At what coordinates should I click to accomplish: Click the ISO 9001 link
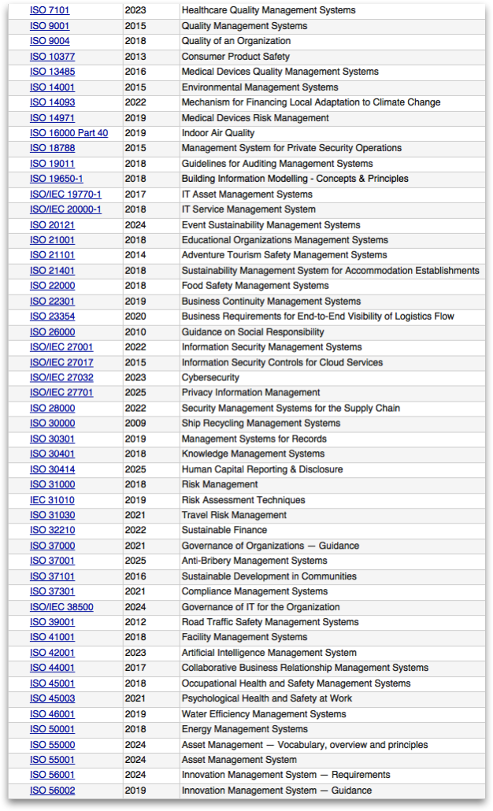click(50, 26)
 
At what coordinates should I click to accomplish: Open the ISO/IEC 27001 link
click(61, 347)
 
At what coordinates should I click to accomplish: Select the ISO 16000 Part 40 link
click(69, 133)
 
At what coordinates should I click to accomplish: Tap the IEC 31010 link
click(52, 500)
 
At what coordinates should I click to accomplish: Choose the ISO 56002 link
click(53, 791)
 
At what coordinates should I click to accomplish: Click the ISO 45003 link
click(53, 698)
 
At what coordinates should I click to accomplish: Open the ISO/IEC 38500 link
click(61, 607)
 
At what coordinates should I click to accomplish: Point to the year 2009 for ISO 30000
click(135, 424)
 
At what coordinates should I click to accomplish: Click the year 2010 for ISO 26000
click(135, 332)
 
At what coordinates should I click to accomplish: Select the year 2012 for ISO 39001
click(135, 622)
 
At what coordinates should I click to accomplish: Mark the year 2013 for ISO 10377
click(135, 57)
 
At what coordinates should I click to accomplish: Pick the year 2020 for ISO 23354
click(135, 317)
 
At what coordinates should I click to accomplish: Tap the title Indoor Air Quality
click(218, 133)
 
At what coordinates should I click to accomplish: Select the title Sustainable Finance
click(224, 530)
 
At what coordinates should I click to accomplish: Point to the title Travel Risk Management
click(234, 515)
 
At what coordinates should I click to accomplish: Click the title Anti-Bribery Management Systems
click(254, 561)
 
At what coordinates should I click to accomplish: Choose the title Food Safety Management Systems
click(255, 286)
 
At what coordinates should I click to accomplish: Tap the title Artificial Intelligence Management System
click(269, 653)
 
